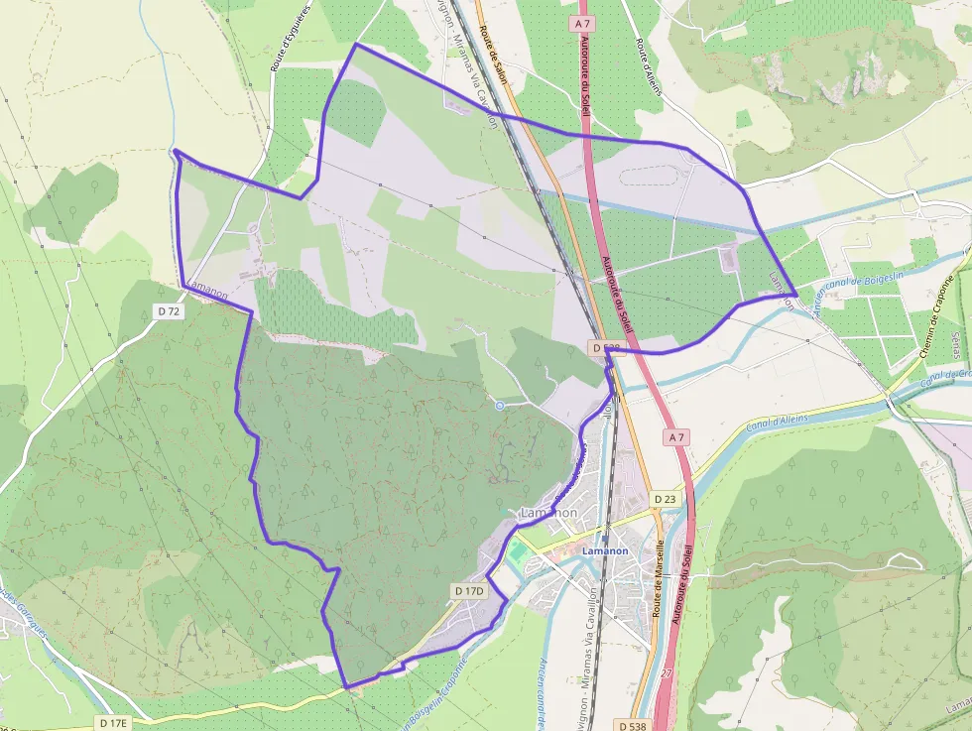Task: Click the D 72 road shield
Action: click(x=169, y=311)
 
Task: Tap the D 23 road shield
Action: click(x=666, y=498)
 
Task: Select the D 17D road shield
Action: click(x=468, y=591)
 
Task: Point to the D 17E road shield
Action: click(x=113, y=723)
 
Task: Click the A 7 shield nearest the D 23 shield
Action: click(x=676, y=436)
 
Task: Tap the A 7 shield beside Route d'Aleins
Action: click(x=582, y=21)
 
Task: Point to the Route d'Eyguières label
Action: click(x=290, y=37)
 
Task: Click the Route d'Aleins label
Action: click(x=648, y=64)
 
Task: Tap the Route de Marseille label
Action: click(x=658, y=579)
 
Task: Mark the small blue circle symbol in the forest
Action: click(x=499, y=405)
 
